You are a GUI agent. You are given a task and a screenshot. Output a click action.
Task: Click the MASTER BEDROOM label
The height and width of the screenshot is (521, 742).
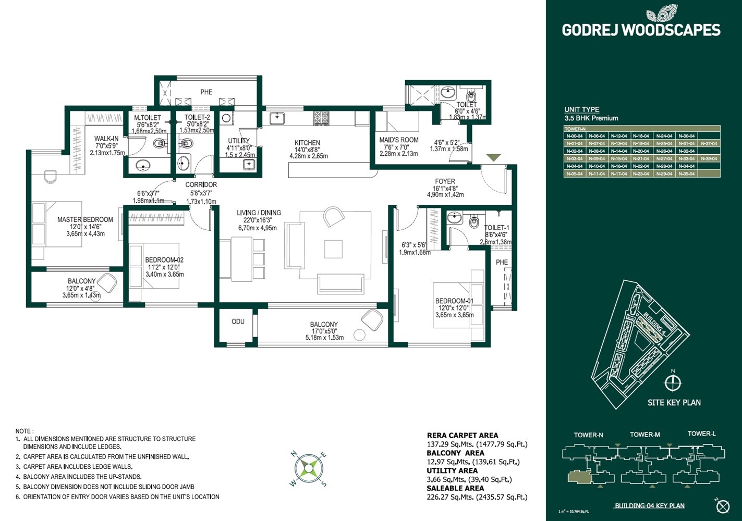(x=85, y=220)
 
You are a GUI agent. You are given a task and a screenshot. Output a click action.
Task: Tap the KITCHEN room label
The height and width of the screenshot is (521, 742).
(x=307, y=143)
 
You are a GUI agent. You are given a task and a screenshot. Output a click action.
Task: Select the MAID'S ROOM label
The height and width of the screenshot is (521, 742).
(x=398, y=140)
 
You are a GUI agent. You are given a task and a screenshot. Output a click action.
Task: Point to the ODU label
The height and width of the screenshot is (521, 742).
(x=238, y=321)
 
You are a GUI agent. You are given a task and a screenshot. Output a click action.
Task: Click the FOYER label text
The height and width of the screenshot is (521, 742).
(x=445, y=182)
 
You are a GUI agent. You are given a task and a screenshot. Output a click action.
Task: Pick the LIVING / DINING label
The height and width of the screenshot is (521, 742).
(x=259, y=213)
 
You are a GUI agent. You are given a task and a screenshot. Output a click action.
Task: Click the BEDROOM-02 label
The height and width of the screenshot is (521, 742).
(x=164, y=260)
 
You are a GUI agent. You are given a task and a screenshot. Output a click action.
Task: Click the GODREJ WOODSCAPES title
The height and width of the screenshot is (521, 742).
(x=641, y=30)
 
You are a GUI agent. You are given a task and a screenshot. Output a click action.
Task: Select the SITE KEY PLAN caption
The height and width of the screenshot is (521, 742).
(x=674, y=402)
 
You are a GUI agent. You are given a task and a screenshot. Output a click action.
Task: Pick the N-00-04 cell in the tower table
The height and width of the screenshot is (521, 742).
(x=574, y=136)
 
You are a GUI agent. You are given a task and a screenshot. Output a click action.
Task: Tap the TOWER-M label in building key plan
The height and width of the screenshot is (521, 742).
(x=644, y=435)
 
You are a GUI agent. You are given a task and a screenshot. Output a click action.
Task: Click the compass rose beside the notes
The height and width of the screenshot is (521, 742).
(x=308, y=468)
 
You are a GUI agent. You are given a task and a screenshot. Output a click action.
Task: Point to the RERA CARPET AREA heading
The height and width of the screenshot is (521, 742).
(x=462, y=435)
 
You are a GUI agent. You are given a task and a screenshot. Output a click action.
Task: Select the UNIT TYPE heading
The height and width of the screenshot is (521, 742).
(x=581, y=109)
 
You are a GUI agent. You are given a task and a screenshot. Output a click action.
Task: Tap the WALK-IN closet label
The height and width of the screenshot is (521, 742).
(x=106, y=139)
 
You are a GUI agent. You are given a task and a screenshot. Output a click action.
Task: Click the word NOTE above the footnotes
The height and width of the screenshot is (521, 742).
(x=24, y=431)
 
